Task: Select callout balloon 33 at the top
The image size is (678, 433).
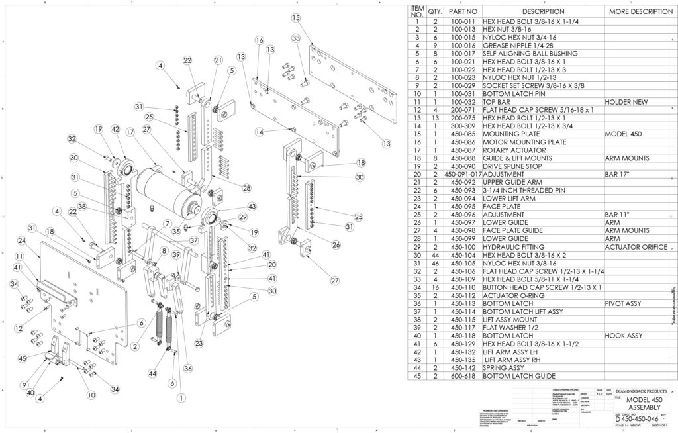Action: click(x=295, y=39)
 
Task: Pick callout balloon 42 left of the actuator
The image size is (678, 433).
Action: click(x=115, y=129)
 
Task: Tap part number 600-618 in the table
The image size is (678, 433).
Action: click(x=463, y=375)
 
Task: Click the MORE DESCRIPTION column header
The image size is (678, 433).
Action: click(x=640, y=11)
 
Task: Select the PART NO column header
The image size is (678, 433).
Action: click(x=463, y=11)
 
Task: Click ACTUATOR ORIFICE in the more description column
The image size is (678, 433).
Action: click(x=640, y=246)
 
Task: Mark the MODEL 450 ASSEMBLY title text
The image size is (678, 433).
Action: click(x=640, y=405)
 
